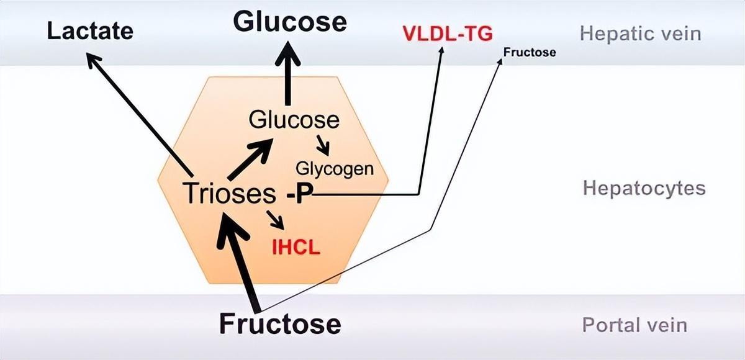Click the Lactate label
(90, 30)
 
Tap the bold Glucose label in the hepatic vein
(289, 22)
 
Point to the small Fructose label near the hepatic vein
(530, 53)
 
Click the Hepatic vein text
(640, 33)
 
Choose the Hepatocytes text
(644, 188)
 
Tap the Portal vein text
(634, 325)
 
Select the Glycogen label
(335, 168)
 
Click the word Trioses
(228, 194)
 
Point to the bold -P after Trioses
(299, 195)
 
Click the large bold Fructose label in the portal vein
(280, 324)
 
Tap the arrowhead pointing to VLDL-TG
(443, 52)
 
